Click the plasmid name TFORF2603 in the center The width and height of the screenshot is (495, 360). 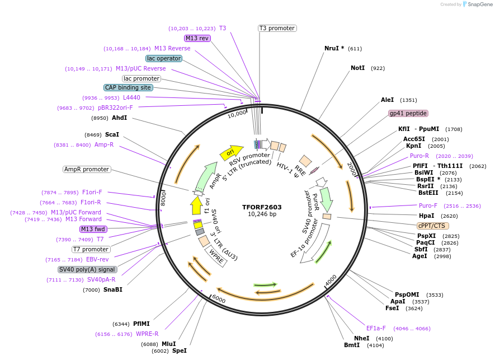tap(262, 207)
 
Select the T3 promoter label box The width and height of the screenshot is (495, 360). tap(277, 28)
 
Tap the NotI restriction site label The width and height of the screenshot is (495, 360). tap(357, 68)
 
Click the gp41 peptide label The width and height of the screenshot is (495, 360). tap(408, 113)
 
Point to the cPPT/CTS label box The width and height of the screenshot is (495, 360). tap(431, 226)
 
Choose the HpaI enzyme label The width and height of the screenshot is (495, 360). tap(426, 216)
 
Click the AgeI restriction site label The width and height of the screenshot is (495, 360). tap(419, 256)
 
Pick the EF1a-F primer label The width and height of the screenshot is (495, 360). tap(376, 328)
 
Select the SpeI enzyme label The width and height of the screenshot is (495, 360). tap(179, 350)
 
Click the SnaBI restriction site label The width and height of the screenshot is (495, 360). tap(112, 289)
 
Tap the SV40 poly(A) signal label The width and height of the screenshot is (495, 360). tap(87, 269)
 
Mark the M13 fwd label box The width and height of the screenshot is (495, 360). tap(93, 229)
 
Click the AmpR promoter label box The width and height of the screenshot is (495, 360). tap(87, 169)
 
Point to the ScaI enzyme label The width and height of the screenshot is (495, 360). tap(112, 134)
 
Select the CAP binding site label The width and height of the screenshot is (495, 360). tap(128, 87)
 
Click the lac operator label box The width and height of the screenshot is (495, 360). tap(163, 58)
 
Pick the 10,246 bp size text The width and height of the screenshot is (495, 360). tap(262, 214)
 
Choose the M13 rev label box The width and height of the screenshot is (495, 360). tap(197, 38)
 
